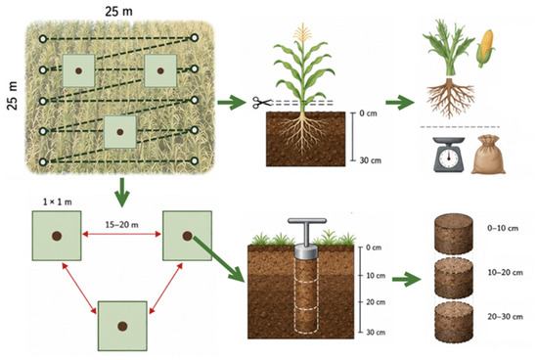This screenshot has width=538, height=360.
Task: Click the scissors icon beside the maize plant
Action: (x=261, y=103)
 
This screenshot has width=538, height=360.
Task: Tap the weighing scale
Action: (x=448, y=155)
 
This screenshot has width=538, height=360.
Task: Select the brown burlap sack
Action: (x=488, y=155)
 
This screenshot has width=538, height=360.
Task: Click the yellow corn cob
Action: (x=485, y=48)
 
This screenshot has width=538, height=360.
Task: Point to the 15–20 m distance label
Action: (x=122, y=225)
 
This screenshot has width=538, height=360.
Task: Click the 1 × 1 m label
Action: (x=58, y=202)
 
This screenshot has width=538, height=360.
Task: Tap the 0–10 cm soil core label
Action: (x=503, y=228)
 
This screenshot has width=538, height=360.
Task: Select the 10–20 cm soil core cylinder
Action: (x=454, y=277)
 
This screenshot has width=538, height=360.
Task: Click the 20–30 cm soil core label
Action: (x=505, y=316)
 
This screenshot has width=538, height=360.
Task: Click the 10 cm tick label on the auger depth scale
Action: (x=376, y=276)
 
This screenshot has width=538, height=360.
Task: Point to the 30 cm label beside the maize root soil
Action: (x=370, y=160)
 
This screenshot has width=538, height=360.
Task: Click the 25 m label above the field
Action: (x=118, y=12)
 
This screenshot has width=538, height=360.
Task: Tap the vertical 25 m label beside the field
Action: (x=13, y=96)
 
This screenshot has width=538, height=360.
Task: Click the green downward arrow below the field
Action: (x=122, y=192)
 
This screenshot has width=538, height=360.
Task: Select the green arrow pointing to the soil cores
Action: (x=407, y=279)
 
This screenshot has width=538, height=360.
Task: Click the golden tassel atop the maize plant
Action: (x=302, y=32)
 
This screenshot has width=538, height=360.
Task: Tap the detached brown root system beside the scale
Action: (x=450, y=97)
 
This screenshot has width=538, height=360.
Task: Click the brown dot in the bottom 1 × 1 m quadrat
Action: (x=122, y=326)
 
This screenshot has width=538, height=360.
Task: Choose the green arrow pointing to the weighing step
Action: (x=400, y=103)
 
